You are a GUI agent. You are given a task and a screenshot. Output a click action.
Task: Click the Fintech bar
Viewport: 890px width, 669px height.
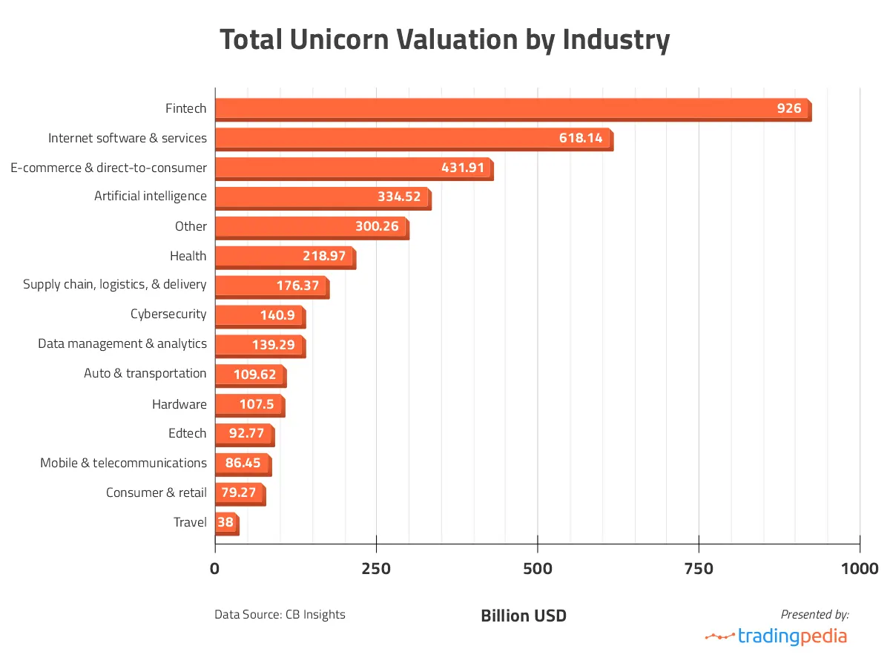(512, 109)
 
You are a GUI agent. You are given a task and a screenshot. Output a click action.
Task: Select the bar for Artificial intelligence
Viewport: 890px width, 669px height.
(322, 197)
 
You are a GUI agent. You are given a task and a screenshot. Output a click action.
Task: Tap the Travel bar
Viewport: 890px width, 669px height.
(226, 523)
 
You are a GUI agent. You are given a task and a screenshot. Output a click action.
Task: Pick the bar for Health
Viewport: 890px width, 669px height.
(284, 257)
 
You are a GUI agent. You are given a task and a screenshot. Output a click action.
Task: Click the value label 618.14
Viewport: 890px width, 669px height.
(581, 138)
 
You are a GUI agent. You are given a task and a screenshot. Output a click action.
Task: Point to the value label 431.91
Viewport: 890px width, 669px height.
(463, 168)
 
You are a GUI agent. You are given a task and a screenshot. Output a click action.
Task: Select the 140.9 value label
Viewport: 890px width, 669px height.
(277, 315)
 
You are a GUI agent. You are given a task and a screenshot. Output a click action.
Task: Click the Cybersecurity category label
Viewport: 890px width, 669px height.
(168, 314)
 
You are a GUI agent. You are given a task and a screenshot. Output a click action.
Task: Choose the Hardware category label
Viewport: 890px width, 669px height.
(179, 404)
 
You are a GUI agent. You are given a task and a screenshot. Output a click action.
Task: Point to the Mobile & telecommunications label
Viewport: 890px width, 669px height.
(123, 463)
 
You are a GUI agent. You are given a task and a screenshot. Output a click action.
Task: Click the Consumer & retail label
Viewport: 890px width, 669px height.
(156, 492)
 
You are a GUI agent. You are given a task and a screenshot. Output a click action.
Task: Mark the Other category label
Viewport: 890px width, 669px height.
(191, 226)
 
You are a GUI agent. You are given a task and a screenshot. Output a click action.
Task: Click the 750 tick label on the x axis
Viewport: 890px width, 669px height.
(699, 569)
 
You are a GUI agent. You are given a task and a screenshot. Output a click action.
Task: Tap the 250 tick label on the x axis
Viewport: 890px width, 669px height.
(376, 569)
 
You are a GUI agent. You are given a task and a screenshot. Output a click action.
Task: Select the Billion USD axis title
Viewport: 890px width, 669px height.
(524, 616)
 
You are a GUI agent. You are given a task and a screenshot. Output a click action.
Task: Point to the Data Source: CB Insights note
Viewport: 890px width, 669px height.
(280, 615)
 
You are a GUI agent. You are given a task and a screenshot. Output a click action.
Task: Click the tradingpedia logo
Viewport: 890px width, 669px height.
(776, 636)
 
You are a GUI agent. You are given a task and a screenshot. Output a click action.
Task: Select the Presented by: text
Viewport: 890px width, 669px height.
(814, 614)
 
